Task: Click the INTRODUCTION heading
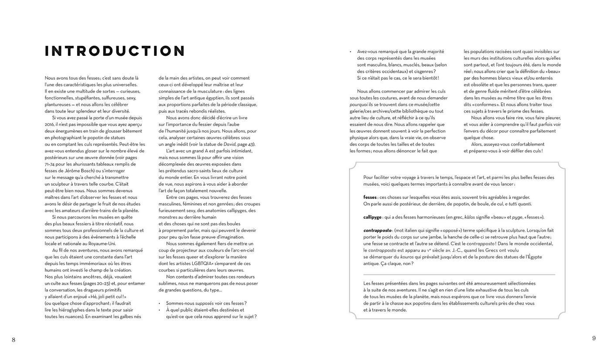coord(115,51)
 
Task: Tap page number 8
coord(14,340)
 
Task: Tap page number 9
coord(594,338)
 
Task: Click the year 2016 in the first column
coord(50,124)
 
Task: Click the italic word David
coord(229,144)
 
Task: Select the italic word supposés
coord(204,303)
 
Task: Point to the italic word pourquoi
coord(359,105)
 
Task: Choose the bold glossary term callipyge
coord(373,217)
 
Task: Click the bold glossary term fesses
coord(370,197)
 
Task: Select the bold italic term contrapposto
coord(377,230)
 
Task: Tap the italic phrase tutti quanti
coord(520,204)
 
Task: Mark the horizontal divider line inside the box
coord(459,275)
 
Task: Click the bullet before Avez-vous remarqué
coord(351,51)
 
